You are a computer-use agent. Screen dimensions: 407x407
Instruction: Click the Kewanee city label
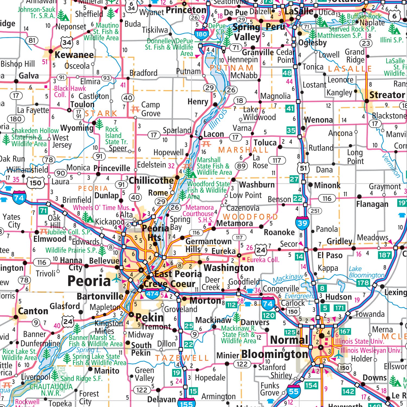[x=74, y=55]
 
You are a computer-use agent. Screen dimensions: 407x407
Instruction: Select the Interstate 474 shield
[x=152, y=294]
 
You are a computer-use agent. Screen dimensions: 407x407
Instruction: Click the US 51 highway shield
[x=303, y=168]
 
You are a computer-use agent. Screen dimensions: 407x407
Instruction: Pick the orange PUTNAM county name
[x=231, y=68]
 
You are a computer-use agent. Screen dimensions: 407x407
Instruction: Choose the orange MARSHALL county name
[x=243, y=150]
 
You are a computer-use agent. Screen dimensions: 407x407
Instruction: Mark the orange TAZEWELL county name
[x=182, y=358]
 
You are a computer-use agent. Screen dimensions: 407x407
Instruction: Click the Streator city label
[x=387, y=95]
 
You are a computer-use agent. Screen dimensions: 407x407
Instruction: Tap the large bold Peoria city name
[x=89, y=281]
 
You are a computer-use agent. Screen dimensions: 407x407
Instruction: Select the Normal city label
[x=289, y=340]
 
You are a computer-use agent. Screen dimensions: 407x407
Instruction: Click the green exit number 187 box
[x=385, y=255]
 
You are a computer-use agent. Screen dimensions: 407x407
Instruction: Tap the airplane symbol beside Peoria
[x=117, y=278]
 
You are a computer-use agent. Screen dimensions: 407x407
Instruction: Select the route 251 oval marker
[x=315, y=211]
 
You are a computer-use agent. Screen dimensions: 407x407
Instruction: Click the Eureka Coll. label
[x=263, y=260]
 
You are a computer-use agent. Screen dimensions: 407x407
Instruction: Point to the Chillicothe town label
[x=151, y=180]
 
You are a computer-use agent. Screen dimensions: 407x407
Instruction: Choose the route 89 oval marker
[x=241, y=166]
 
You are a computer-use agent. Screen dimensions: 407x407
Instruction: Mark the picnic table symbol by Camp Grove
[x=135, y=109]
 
